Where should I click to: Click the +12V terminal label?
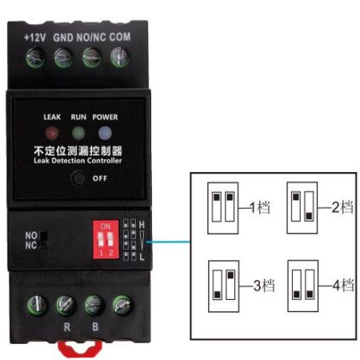pos(35,38)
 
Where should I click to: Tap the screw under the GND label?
pos(63,58)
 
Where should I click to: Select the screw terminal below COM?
pos(120,57)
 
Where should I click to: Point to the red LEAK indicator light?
pos(52,133)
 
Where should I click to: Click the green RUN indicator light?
pos(78,133)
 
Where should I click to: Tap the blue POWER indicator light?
pos(105,133)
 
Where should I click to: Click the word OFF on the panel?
pos(100,178)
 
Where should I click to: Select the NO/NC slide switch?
pos(43,240)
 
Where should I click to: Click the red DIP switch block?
pos(106,239)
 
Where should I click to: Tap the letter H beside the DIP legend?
pos(142,225)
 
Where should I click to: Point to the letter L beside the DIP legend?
pos(142,257)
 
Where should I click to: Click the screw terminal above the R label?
pos(66,306)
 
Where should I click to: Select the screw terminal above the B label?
pos(94,306)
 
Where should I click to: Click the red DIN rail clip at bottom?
pos(80,349)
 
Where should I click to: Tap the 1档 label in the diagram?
pos(260,207)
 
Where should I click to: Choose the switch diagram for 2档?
pos(302,208)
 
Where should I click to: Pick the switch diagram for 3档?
pos(223,286)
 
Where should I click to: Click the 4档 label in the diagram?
pos(343,285)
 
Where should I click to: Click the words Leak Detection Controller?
pos(78,161)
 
